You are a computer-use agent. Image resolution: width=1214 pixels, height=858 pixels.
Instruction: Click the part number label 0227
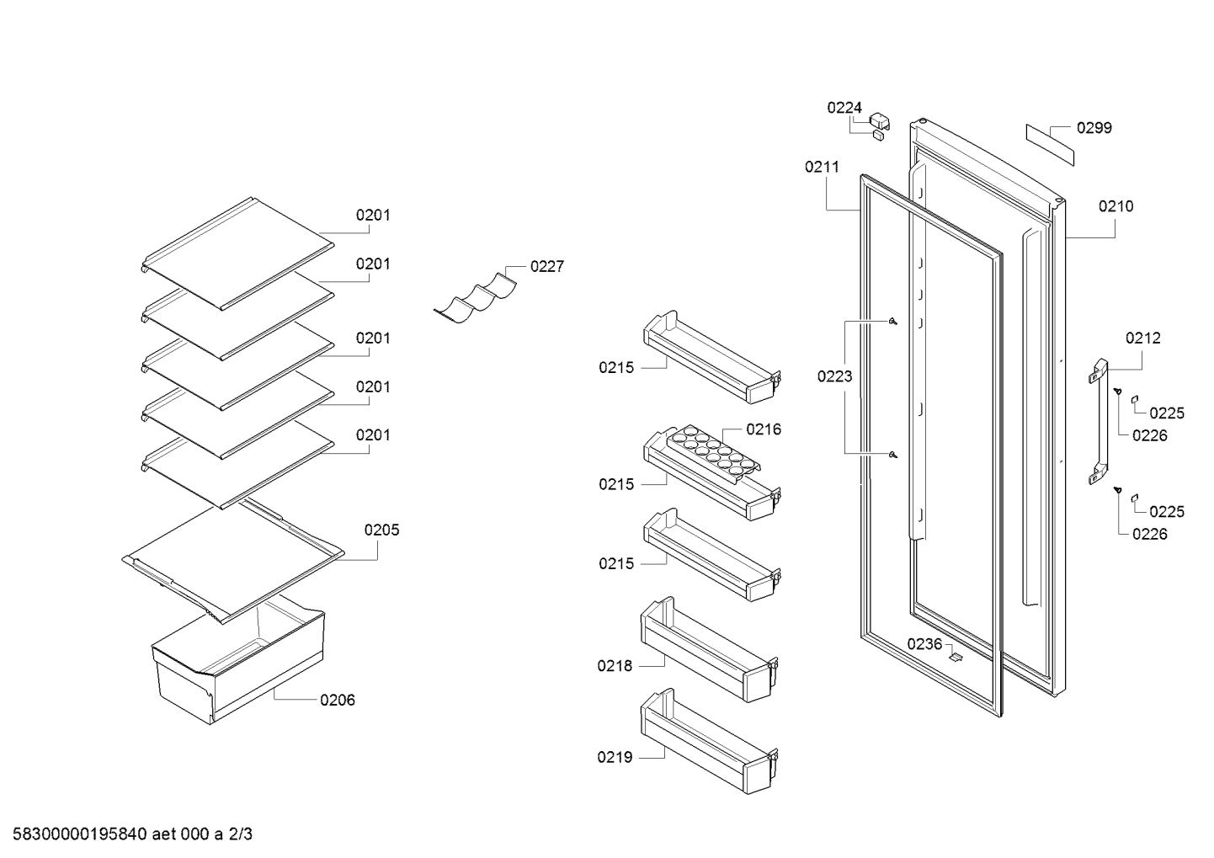tap(547, 266)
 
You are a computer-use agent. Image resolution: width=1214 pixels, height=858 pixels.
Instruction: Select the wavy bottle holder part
tap(475, 299)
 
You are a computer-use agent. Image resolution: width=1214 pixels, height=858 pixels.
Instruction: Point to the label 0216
tap(764, 429)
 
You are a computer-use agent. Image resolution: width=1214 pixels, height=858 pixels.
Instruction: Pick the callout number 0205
tap(381, 530)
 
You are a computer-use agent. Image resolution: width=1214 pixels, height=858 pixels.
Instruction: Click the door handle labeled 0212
tap(1099, 421)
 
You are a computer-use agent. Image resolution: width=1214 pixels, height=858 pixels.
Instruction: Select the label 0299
tap(1094, 128)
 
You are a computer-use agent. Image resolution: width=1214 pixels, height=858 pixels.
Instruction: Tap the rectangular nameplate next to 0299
tap(1050, 145)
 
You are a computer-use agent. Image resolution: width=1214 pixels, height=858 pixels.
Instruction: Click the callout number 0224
tap(844, 108)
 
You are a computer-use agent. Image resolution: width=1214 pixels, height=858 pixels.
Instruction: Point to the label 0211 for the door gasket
tap(823, 167)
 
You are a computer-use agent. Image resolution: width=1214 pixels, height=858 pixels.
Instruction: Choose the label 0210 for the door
tap(1115, 206)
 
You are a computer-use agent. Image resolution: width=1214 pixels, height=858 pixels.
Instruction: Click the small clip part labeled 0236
tap(956, 657)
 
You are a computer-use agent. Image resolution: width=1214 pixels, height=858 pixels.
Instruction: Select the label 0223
tap(834, 376)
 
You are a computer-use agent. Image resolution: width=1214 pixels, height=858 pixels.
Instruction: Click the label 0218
tap(615, 665)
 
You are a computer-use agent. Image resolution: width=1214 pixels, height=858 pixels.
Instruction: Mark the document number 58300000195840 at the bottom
tap(80, 834)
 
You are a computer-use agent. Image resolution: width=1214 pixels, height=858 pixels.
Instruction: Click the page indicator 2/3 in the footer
tap(240, 834)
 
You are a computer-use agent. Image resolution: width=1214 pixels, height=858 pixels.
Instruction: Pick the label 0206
tap(338, 701)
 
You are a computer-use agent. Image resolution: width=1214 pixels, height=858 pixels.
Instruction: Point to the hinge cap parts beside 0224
tap(879, 126)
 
